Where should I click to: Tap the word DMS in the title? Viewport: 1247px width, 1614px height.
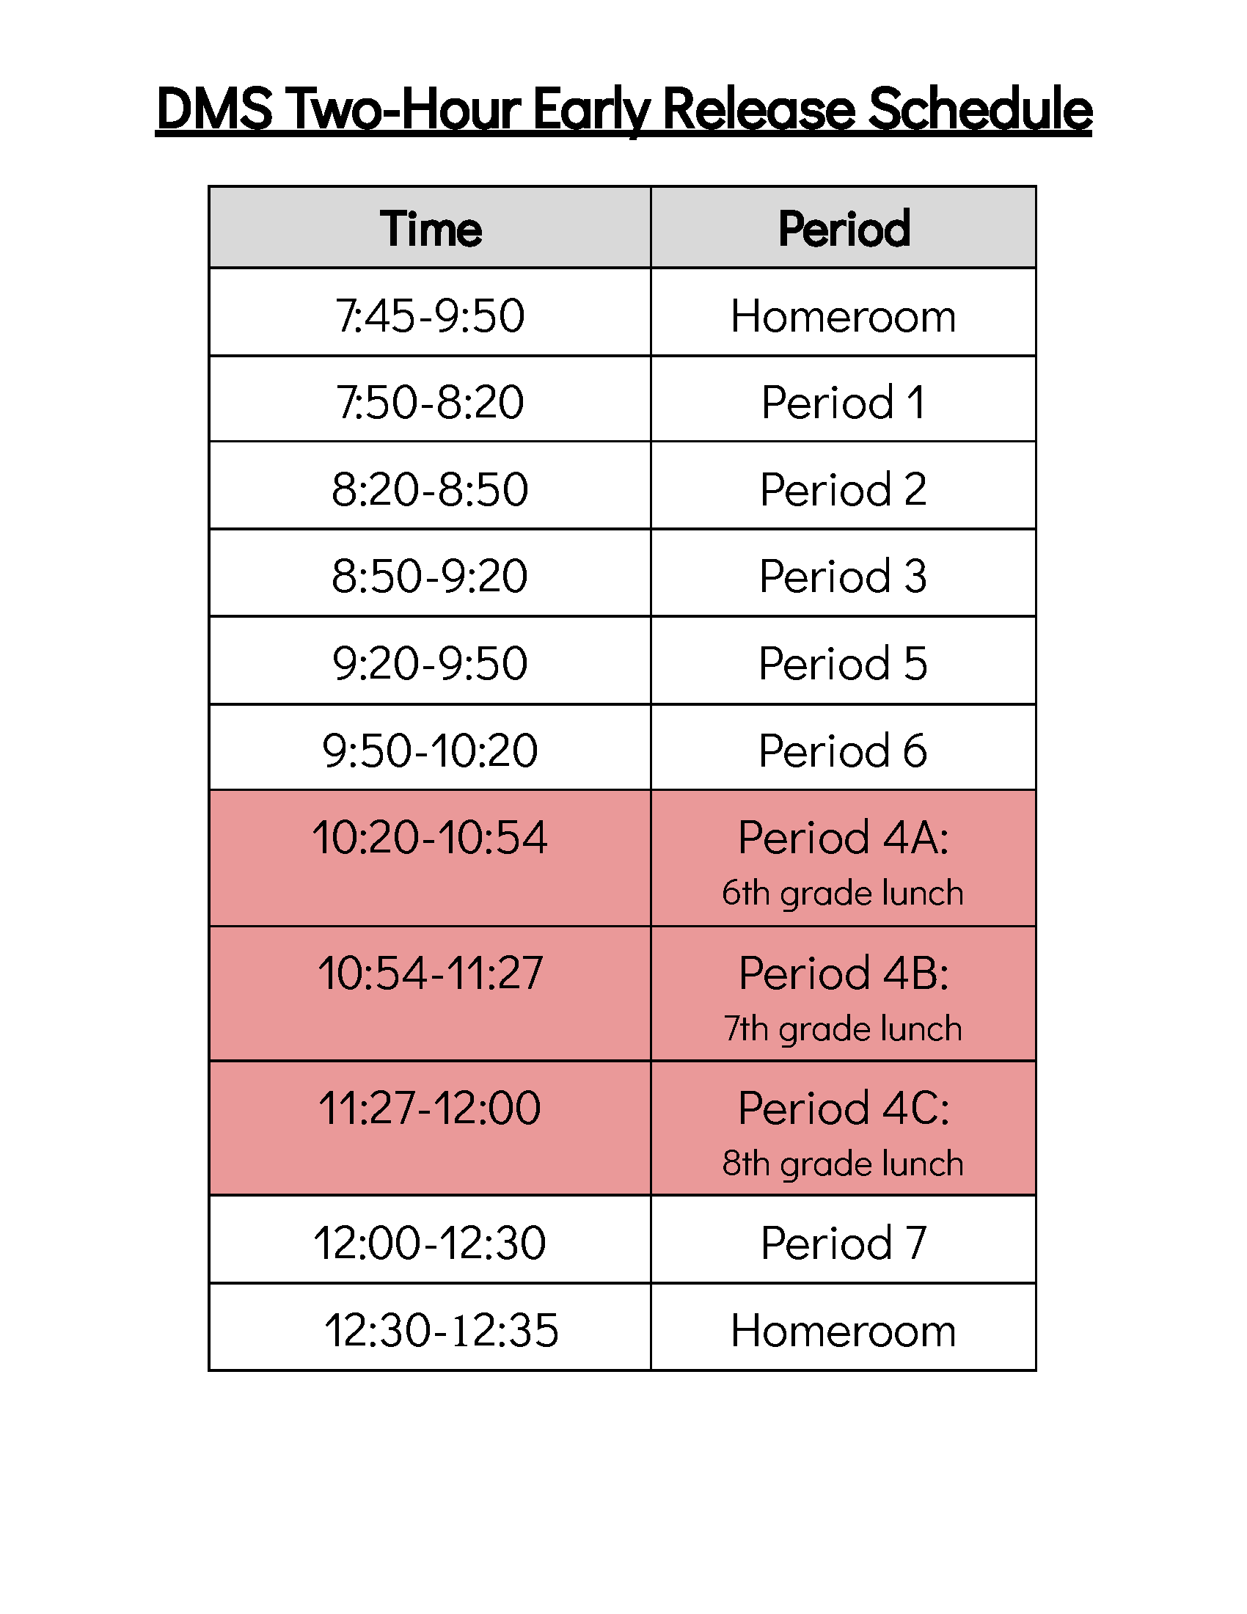214,109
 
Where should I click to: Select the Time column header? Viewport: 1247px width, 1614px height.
431,228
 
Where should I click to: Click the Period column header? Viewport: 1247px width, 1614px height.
844,228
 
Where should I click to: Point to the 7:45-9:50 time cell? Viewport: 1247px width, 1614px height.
430,315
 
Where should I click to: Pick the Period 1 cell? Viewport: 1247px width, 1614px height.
843,402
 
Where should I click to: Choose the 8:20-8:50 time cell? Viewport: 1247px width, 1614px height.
430,489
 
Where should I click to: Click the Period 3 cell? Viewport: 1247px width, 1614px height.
843,576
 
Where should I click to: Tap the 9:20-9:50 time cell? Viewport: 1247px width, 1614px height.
430,663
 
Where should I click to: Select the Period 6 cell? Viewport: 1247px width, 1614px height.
843,750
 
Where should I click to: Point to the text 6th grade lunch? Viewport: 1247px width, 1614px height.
843,893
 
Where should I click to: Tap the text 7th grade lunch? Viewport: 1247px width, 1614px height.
843,1029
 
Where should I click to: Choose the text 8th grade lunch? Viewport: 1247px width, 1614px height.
843,1164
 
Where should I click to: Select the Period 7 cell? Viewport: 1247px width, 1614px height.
843,1243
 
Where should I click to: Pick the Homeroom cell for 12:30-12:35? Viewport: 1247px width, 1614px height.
843,1330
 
